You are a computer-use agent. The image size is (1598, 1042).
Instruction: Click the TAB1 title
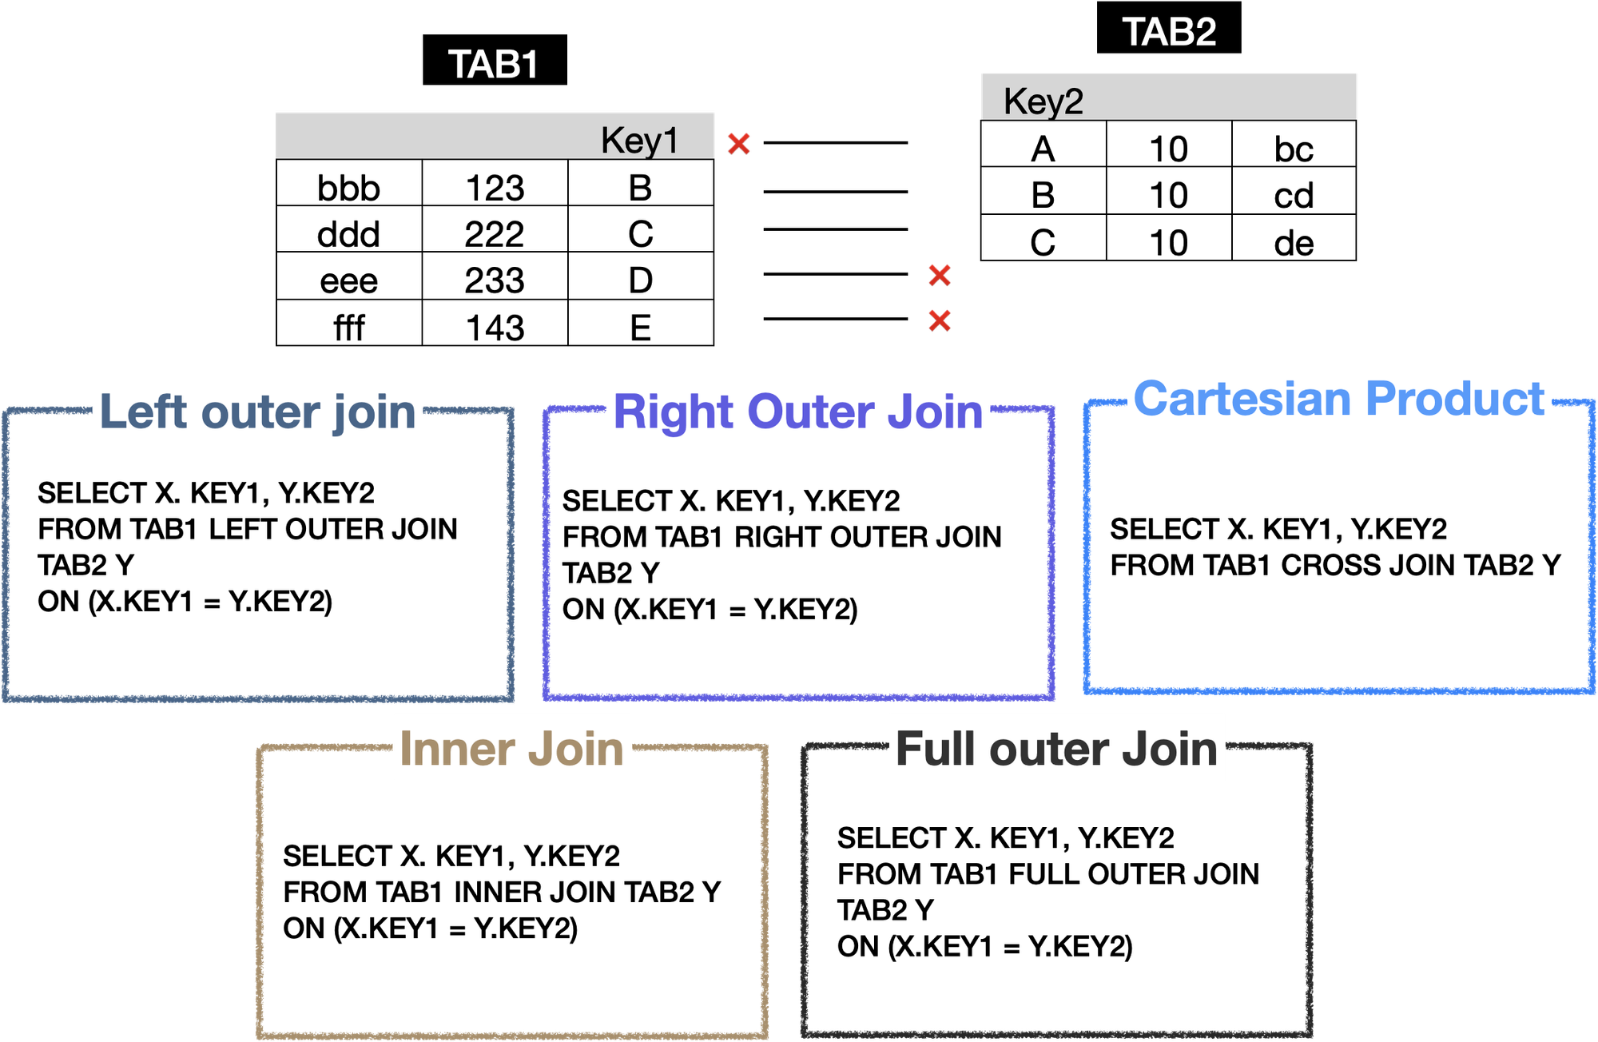click(x=493, y=65)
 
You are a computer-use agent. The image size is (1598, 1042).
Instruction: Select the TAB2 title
click(x=1169, y=33)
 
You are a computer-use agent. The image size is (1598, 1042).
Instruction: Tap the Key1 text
click(x=639, y=141)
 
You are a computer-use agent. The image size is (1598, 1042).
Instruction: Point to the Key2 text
click(x=1043, y=101)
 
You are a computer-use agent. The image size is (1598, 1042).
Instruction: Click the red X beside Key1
click(x=738, y=143)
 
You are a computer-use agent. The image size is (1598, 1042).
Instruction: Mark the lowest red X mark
click(x=940, y=320)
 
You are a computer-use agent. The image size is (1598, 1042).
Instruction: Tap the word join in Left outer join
click(x=375, y=413)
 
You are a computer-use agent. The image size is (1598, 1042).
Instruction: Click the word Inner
click(x=457, y=750)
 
